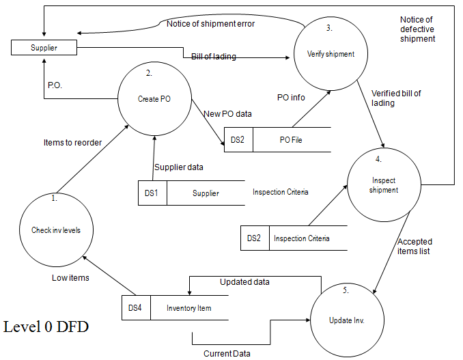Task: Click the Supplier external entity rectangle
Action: tap(44, 48)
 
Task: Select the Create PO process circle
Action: tap(154, 99)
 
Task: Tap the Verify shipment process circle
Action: tap(331, 54)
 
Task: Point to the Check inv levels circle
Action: tap(56, 230)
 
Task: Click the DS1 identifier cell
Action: tap(152, 193)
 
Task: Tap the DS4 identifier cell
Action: tap(135, 308)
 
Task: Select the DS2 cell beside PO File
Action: tap(238, 139)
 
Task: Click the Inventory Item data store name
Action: tap(189, 308)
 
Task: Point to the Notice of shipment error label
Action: tap(210, 24)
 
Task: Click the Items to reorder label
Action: tap(72, 142)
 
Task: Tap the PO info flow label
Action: tap(290, 98)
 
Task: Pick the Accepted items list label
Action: tap(414, 246)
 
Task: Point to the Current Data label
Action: tap(227, 353)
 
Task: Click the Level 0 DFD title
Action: tap(46, 327)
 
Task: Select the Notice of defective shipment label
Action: tap(417, 29)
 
